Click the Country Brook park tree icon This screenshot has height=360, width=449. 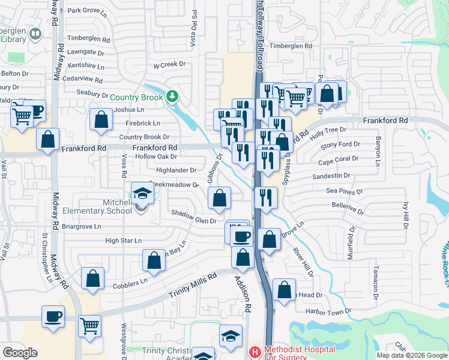[172, 96]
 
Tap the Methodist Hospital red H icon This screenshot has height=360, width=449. [255, 351]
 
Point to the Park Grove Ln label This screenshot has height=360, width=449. [88, 10]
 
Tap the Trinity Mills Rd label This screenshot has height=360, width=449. [193, 286]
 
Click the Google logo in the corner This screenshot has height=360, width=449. [20, 352]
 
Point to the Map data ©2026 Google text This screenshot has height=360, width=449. [411, 355]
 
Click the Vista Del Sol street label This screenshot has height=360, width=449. [193, 37]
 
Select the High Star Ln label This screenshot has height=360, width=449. [123, 241]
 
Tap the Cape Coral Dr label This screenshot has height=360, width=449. [339, 159]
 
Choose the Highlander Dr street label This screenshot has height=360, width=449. [176, 170]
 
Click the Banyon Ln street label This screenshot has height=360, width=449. [378, 152]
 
